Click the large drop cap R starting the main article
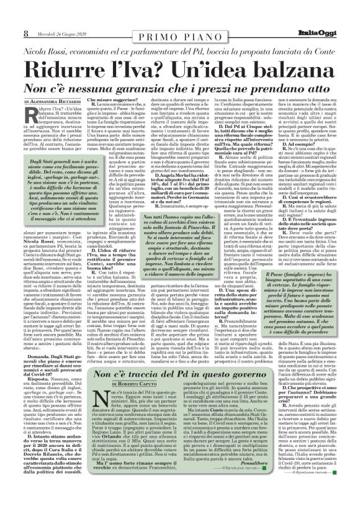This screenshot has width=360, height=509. [32, 115]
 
